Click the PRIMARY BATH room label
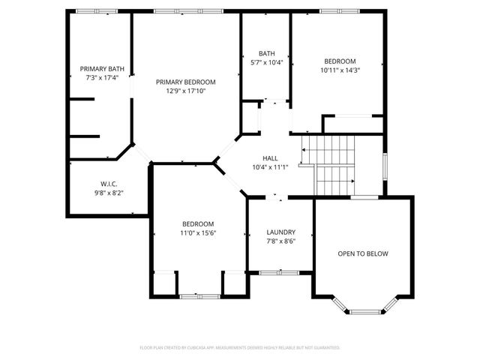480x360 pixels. [101, 69]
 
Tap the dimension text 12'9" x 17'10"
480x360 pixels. [186, 91]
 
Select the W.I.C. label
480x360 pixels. [109, 184]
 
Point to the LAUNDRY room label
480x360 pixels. [280, 232]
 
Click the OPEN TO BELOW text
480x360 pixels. [362, 253]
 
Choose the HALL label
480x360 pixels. [270, 158]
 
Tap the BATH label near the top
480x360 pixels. [266, 53]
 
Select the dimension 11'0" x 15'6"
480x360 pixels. [198, 233]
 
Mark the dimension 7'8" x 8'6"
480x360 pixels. [280, 241]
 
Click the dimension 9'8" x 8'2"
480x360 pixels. [109, 192]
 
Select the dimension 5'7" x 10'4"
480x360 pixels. [266, 62]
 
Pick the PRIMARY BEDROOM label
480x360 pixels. [186, 82]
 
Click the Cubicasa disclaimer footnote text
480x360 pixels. [240, 348]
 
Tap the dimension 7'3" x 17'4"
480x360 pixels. [101, 77]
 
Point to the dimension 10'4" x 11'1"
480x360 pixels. [270, 166]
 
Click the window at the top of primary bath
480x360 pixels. [97, 11]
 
